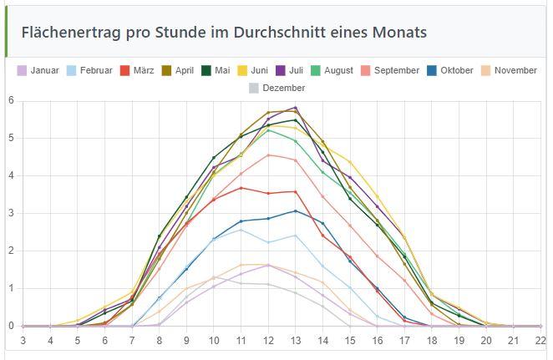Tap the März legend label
(143, 71)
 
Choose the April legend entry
(184, 71)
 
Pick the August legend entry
(338, 71)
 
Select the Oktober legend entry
(456, 71)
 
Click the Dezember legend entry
(283, 88)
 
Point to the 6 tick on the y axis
(11, 101)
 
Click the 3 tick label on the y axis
(11, 214)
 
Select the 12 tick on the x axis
(269, 341)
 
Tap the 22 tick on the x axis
(541, 341)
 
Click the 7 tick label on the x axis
(132, 341)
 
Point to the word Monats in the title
(399, 33)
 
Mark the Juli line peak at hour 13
(296, 108)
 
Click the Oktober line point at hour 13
(296, 210)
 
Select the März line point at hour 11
(241, 188)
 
